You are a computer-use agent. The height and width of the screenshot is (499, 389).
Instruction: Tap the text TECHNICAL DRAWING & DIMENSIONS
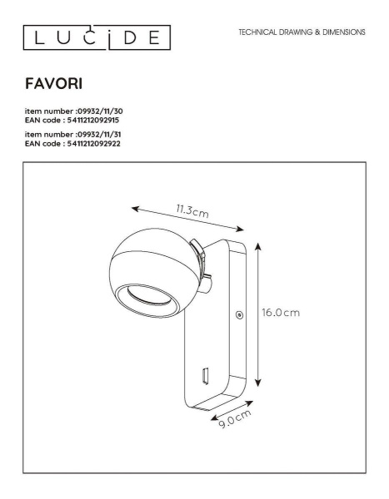click(302, 32)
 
